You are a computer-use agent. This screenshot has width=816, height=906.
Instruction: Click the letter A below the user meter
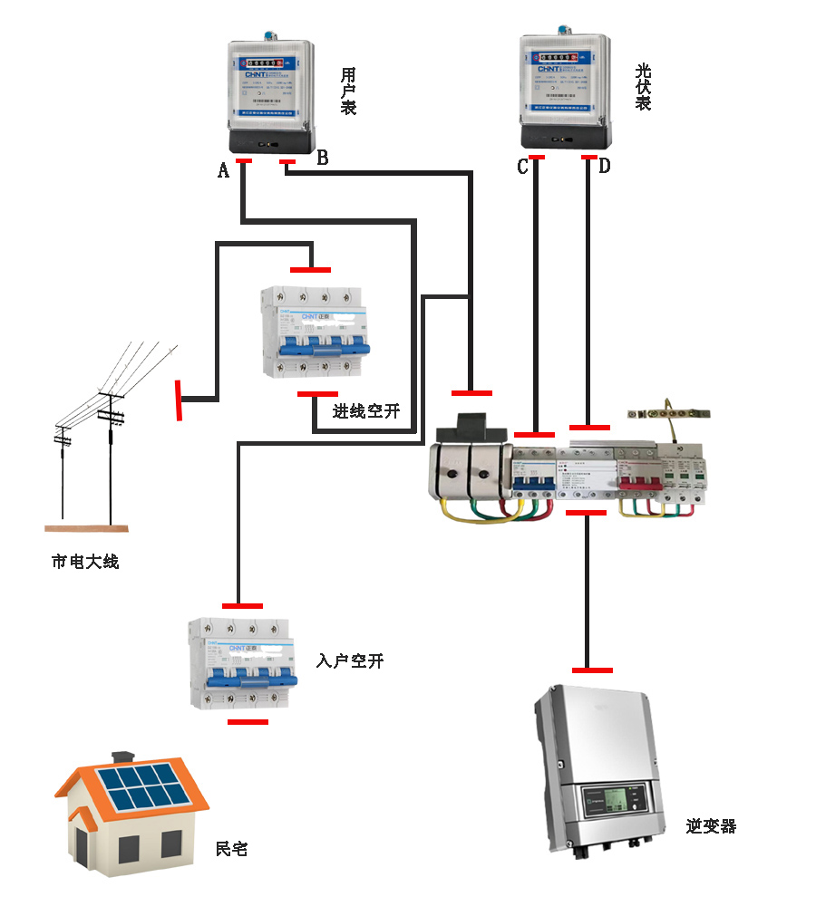coord(223,169)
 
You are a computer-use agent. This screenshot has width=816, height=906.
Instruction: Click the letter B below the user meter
coord(322,158)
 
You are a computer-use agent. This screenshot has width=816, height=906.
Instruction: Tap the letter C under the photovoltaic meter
coord(522,167)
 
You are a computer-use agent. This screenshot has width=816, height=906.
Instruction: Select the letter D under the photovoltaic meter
coord(604,166)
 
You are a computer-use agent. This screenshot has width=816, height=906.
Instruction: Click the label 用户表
coord(348,91)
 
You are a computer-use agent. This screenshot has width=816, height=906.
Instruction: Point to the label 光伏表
coord(644,87)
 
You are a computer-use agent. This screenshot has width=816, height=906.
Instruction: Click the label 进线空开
coord(365,411)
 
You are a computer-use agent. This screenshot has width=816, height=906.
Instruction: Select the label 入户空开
coord(350,660)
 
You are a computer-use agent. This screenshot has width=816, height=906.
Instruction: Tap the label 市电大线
coord(85,562)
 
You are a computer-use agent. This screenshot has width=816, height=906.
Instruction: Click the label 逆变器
coord(711,826)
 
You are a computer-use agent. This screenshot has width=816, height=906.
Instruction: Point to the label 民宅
coord(231,849)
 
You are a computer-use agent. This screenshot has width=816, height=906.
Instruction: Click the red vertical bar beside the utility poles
coord(180,400)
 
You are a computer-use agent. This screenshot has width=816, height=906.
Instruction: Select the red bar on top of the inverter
coord(592,670)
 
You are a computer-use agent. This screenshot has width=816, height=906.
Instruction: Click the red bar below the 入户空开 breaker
coord(248,722)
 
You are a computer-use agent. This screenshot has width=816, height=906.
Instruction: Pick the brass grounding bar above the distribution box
coord(669,414)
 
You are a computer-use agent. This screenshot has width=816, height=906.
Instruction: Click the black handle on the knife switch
coord(473,426)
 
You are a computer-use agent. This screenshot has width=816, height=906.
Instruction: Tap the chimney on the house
coord(122,757)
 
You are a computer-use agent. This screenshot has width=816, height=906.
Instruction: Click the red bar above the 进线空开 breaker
coord(310,269)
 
